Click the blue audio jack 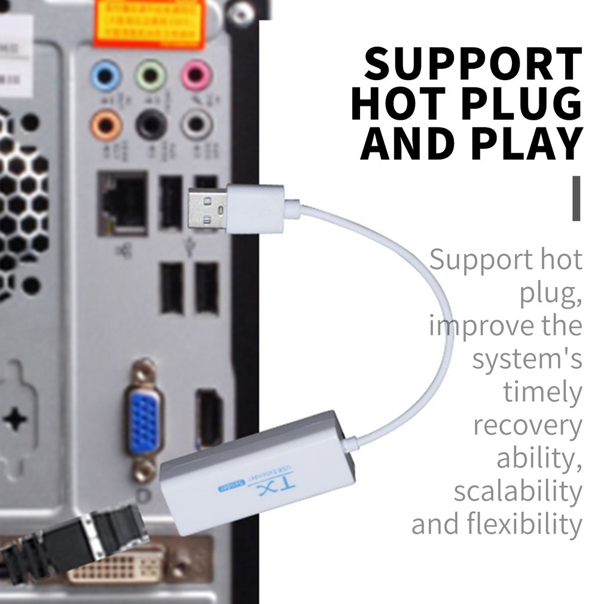click(106, 76)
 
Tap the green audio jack click(150, 76)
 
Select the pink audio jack click(196, 76)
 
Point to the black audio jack click(150, 125)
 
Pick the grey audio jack click(196, 125)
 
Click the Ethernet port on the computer click(123, 203)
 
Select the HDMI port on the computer click(209, 418)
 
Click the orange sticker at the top click(150, 23)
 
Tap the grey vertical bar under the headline click(576, 198)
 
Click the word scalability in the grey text click(517, 492)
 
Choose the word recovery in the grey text click(527, 425)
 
